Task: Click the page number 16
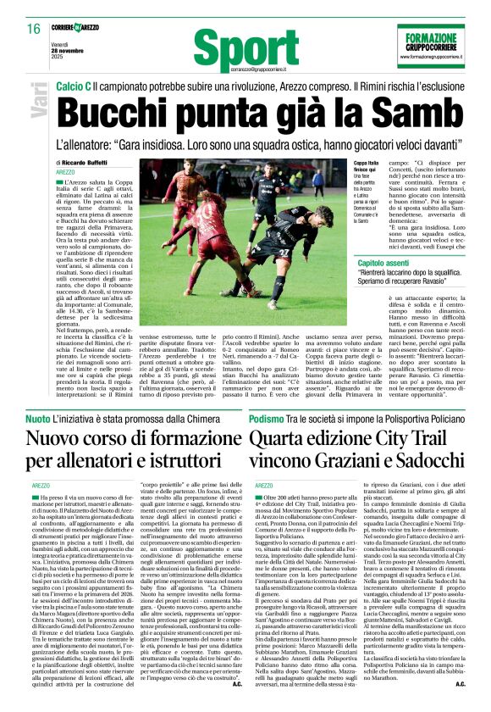(x=34, y=29)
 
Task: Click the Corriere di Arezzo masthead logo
(x=82, y=29)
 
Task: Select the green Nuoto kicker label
(x=37, y=420)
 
